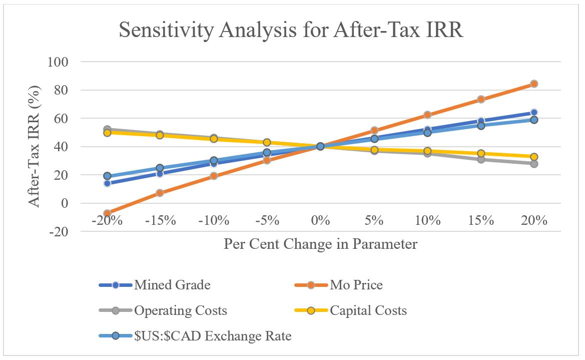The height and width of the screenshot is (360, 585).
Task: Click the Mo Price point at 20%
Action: [x=534, y=84]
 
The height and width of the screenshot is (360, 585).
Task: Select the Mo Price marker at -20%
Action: [x=107, y=213]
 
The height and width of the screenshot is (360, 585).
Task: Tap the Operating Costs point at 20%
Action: [x=534, y=164]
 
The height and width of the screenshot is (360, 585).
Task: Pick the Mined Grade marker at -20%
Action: [x=107, y=183]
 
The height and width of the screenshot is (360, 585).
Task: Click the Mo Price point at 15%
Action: [x=481, y=99]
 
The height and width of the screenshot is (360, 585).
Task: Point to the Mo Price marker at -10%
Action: [x=214, y=176]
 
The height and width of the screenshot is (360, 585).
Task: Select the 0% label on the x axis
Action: [x=320, y=221]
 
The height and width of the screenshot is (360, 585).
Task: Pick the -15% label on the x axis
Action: [x=160, y=221]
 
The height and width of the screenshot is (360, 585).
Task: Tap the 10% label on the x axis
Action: [x=427, y=221]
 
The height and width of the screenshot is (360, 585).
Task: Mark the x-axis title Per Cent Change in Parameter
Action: [x=320, y=244]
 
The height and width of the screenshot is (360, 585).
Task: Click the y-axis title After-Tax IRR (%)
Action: [x=35, y=146]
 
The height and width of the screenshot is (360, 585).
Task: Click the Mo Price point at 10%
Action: [x=427, y=115]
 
